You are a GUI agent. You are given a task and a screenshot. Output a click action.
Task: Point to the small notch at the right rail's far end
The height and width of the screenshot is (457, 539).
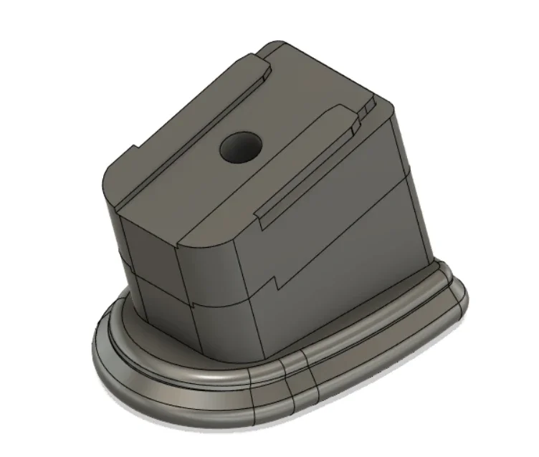[x=367, y=108]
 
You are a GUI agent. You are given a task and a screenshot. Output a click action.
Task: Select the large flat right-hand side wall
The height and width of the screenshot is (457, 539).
[x=344, y=236]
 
